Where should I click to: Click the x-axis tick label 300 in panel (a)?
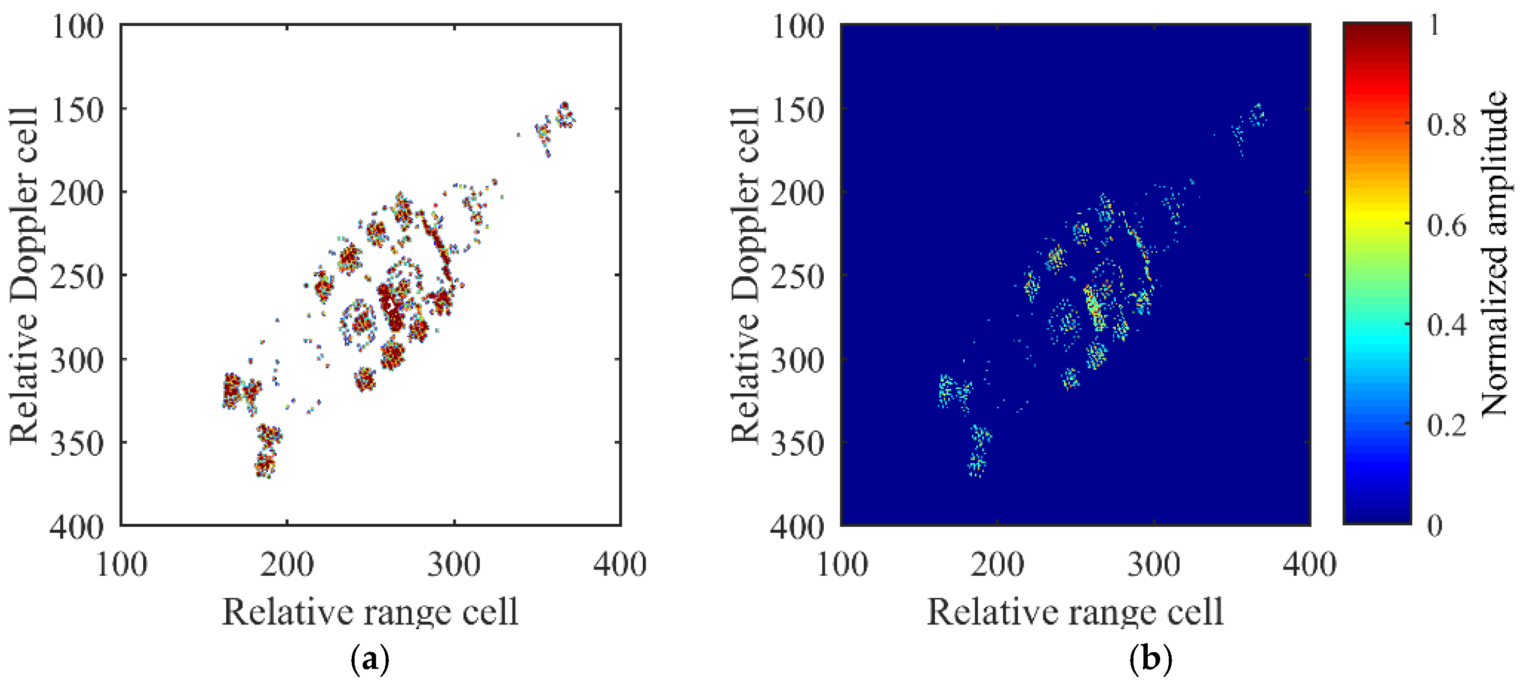pyautogui.click(x=454, y=564)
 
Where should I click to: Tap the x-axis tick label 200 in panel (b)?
pyautogui.click(x=996, y=564)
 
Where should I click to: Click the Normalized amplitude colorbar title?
pyautogui.click(x=1494, y=254)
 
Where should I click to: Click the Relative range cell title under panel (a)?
pyautogui.click(x=370, y=612)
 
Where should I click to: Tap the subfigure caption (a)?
pyautogui.click(x=370, y=659)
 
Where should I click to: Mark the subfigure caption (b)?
pyautogui.click(x=1150, y=659)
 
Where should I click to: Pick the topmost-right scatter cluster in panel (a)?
pyautogui.click(x=565, y=114)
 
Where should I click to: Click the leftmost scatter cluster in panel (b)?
pyautogui.click(x=946, y=390)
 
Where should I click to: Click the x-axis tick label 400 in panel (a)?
pyautogui.click(x=619, y=564)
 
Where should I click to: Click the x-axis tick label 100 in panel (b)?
pyautogui.click(x=841, y=564)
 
